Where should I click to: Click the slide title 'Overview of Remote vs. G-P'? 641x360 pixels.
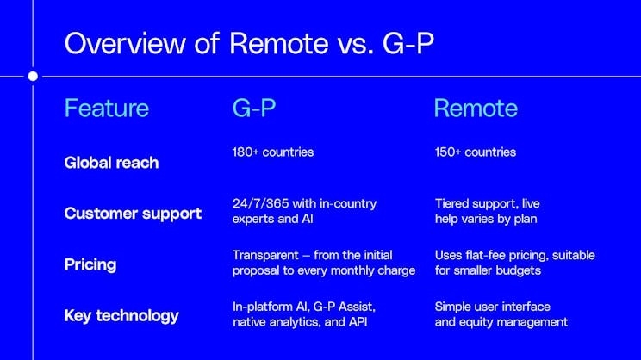[x=249, y=43]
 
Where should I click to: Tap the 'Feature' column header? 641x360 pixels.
[x=107, y=109]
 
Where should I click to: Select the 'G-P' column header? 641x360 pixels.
[x=255, y=109]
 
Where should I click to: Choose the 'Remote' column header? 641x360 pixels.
[x=475, y=109]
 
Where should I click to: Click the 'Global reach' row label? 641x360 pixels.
[x=111, y=162]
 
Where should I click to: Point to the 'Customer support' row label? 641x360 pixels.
[x=133, y=213]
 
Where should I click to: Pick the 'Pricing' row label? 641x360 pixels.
[x=90, y=264]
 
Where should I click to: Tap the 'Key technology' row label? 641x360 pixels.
[x=121, y=314]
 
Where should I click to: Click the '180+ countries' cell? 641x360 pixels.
[x=273, y=152]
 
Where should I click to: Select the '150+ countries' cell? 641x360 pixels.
[x=476, y=152]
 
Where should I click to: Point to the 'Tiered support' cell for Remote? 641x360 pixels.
[x=475, y=204]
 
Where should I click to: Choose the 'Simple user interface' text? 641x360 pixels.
[x=492, y=307]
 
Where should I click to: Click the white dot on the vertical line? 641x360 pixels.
[x=33, y=76]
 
